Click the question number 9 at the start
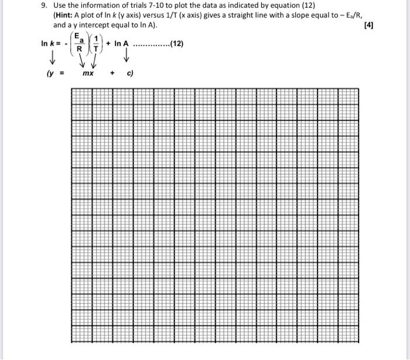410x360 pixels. [44, 5]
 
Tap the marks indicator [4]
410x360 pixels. [368, 25]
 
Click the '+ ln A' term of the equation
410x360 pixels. [117, 43]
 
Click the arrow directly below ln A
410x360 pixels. [126, 57]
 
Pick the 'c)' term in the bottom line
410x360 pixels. [130, 74]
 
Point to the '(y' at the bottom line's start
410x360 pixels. [49, 74]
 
